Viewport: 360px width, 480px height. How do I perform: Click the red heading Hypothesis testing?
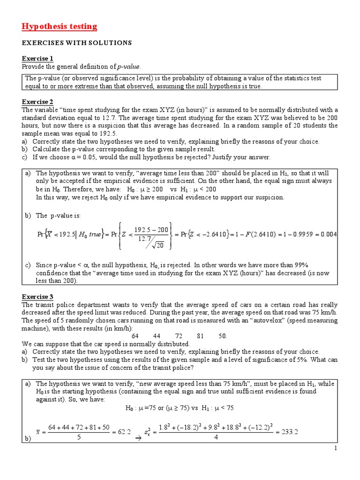tap(60, 26)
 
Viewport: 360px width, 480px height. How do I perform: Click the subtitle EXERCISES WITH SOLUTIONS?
tap(77, 43)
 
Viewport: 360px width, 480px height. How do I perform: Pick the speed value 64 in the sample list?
tap(135, 336)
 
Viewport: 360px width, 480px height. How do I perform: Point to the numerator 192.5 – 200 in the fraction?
tap(150, 229)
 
